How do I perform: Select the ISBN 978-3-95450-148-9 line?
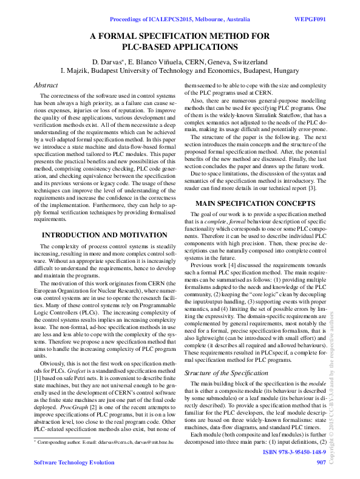coord(294,453)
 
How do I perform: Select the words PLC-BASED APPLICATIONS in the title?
coord(180,47)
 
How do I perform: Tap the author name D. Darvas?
coord(106,62)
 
